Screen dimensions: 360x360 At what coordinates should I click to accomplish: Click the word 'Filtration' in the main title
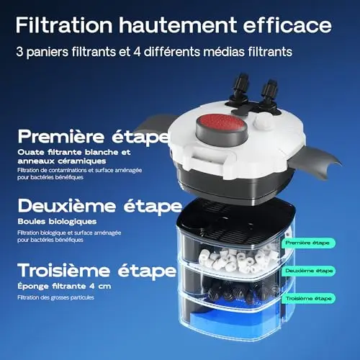click(x=64, y=25)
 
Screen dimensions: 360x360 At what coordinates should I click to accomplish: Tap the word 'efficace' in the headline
click(x=287, y=25)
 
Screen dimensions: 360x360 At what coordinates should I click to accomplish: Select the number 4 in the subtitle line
click(x=138, y=52)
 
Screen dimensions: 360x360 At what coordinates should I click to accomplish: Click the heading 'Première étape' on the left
click(x=94, y=137)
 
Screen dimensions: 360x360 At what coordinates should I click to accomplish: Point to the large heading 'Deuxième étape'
click(x=100, y=206)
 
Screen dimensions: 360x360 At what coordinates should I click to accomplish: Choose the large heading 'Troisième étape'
click(x=97, y=271)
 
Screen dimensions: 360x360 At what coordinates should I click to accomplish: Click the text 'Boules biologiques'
click(x=57, y=222)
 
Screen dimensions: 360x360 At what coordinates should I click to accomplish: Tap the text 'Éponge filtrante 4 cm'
click(x=64, y=286)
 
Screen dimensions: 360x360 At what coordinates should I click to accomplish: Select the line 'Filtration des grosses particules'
click(x=55, y=297)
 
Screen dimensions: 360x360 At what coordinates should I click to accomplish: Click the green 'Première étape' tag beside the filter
click(x=307, y=243)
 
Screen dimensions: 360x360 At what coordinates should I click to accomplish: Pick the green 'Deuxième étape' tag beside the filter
click(x=309, y=271)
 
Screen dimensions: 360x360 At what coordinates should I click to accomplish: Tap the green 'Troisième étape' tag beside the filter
click(x=308, y=299)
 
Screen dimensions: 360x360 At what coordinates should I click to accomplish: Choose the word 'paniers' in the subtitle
click(x=48, y=52)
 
